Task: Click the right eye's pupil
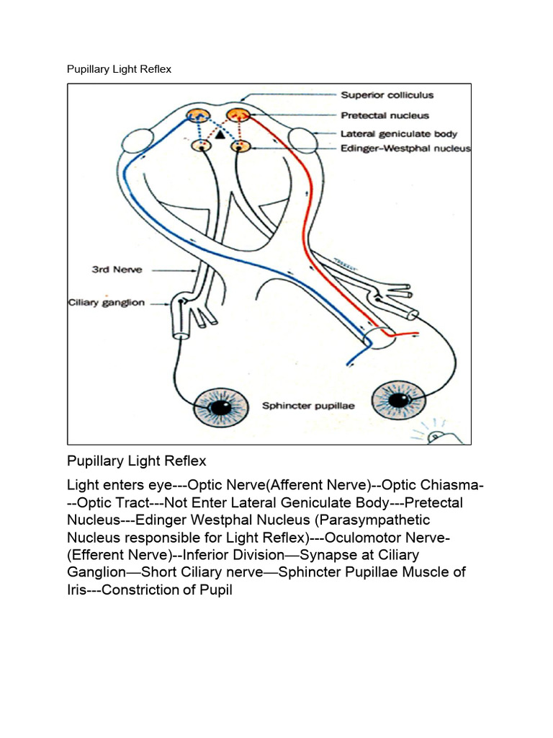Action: tap(397, 399)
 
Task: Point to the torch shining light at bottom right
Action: tap(436, 436)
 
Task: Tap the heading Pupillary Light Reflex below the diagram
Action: tap(137, 461)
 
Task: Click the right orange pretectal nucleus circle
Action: tap(237, 115)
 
